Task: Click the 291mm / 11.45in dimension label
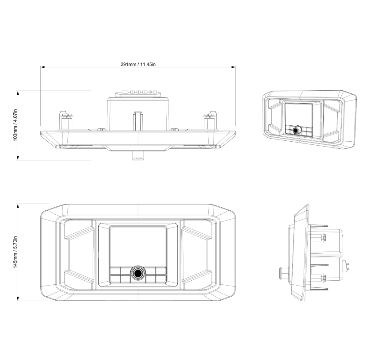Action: pos(138,64)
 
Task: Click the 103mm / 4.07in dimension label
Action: pos(16,125)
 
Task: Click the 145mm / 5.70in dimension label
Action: pos(16,252)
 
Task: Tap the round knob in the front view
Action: pos(138,273)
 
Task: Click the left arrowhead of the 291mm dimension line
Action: pos(43,67)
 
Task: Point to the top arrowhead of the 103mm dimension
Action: pos(18,93)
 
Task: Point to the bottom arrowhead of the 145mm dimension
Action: pos(18,298)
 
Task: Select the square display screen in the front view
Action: pos(138,246)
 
